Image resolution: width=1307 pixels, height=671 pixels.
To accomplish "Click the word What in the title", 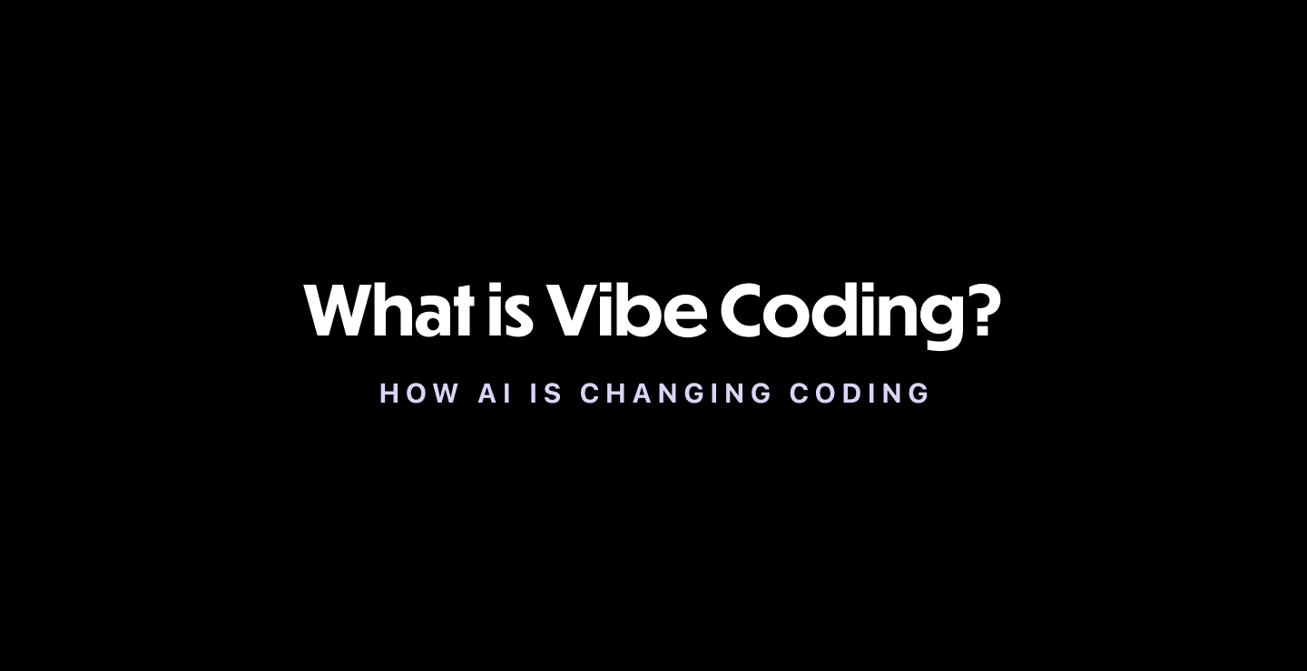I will (x=389, y=310).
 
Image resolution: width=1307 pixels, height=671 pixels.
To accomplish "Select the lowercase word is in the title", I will (x=509, y=310).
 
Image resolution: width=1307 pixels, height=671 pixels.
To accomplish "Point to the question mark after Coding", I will (x=982, y=310).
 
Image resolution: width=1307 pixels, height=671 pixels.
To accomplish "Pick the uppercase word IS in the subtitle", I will (x=548, y=394).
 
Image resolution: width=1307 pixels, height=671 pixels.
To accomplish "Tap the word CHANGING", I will (x=676, y=394).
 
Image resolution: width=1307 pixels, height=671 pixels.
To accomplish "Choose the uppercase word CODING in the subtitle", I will (x=860, y=394).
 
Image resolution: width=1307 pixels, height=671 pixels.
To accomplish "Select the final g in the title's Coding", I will (x=934, y=317).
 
